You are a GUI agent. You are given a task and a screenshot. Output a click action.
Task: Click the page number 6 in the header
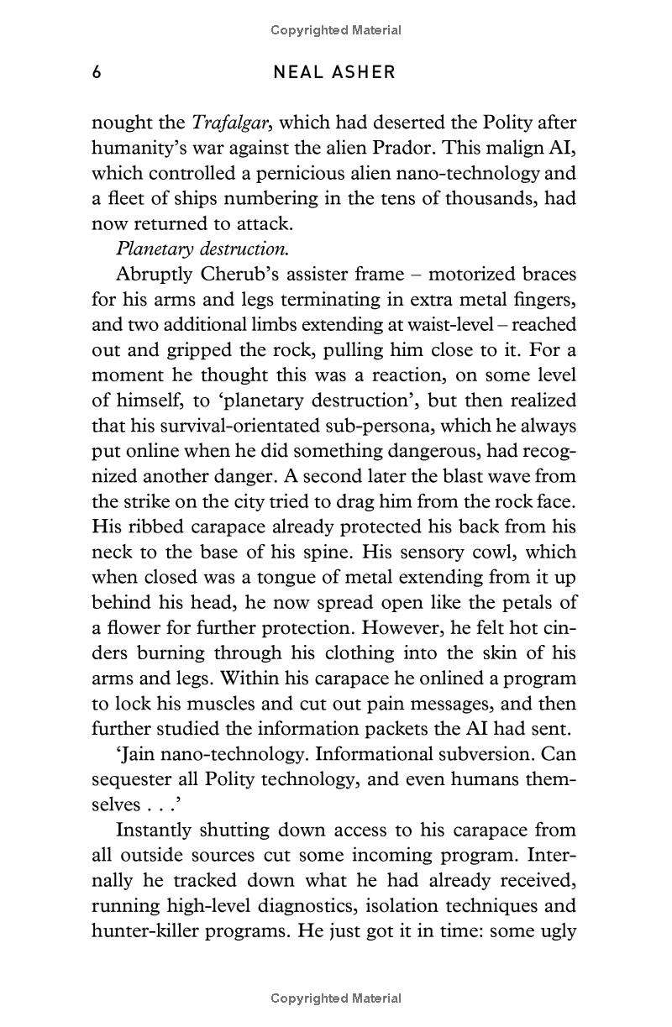coord(97,72)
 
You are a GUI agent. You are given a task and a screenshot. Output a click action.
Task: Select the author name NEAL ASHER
coord(334,72)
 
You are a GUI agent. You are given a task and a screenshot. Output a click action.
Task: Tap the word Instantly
coord(154,830)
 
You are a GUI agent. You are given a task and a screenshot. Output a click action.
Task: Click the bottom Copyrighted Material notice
coord(336,998)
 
